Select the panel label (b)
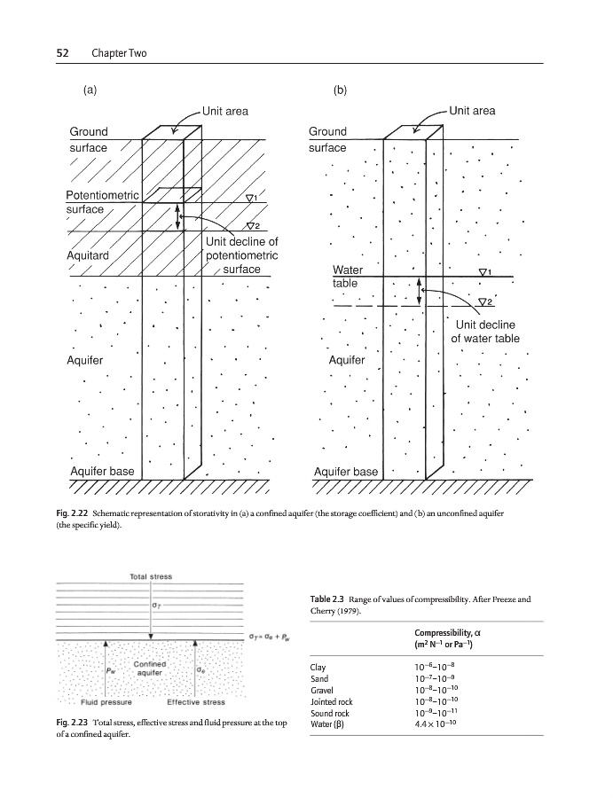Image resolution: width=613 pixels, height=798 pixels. click(340, 90)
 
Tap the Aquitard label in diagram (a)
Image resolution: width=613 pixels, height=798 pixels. click(88, 255)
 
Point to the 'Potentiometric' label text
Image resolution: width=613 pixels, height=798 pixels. click(103, 195)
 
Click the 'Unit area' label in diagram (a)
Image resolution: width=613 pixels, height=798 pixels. click(225, 111)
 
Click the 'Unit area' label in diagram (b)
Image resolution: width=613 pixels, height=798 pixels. click(472, 111)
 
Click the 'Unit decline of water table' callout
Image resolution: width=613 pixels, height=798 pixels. click(485, 332)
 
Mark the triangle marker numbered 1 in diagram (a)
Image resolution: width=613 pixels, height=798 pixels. click(252, 198)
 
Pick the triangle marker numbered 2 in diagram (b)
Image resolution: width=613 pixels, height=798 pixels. click(484, 302)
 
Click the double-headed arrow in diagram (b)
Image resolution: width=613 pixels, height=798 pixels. click(420, 291)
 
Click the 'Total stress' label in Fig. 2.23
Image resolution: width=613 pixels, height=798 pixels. click(151, 576)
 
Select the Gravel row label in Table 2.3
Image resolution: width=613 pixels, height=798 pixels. click(321, 690)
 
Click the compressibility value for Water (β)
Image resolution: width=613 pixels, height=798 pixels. click(436, 724)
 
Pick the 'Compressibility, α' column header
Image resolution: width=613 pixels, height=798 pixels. click(446, 631)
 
